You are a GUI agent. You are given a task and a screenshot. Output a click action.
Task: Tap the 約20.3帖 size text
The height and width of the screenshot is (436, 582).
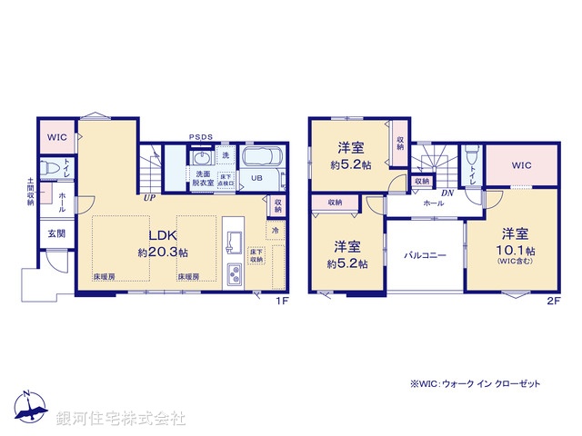tap(163, 253)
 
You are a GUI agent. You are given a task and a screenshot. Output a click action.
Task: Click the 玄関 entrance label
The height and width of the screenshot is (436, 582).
tap(55, 233)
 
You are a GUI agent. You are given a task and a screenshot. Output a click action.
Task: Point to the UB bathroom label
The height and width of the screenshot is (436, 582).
tap(256, 178)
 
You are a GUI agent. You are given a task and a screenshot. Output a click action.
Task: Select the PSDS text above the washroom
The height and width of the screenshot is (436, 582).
tap(201, 137)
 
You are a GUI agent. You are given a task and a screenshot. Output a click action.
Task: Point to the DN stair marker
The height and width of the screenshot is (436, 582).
tap(447, 193)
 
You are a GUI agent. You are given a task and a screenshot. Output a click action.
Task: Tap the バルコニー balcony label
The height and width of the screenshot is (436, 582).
tap(425, 256)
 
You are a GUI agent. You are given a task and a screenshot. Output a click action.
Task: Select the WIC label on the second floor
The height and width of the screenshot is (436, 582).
tap(521, 165)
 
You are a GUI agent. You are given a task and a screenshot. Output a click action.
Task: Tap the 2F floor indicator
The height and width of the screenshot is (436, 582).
tap(552, 301)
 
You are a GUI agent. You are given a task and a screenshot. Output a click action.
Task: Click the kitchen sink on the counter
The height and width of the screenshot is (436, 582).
tap(232, 243)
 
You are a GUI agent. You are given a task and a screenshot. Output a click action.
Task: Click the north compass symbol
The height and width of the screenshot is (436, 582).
tap(30, 408)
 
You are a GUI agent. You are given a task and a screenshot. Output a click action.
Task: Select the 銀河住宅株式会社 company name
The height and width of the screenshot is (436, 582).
tap(121, 419)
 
